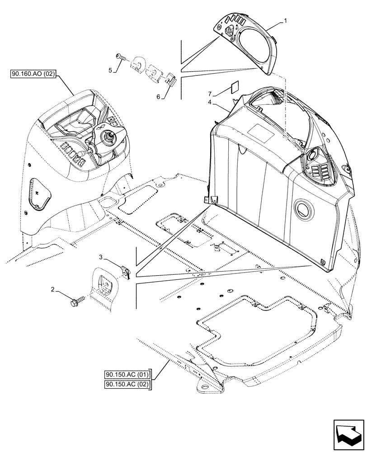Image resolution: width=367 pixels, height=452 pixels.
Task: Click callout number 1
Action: (x=285, y=21)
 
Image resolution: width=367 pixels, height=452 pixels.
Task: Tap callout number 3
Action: (x=102, y=257)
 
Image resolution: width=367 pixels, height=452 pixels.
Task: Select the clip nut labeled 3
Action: (x=126, y=271)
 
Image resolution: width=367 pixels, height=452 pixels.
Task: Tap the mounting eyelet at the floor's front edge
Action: (x=202, y=388)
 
